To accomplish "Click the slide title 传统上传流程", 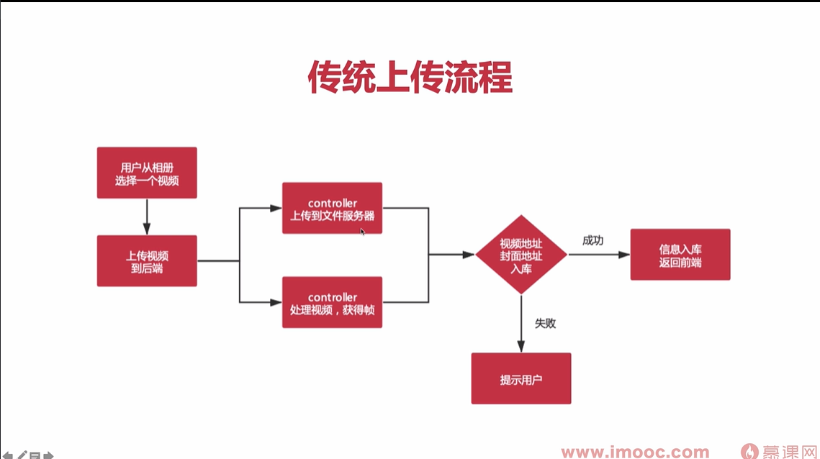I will (410, 77).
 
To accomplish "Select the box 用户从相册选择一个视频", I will (147, 173).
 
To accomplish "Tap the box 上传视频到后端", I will (147, 260).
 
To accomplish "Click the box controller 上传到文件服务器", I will (332, 208).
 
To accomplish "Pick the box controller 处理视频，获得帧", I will (332, 302).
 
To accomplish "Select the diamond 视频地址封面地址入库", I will (521, 255).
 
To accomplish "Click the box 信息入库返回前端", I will (680, 255).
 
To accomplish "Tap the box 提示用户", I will (521, 378).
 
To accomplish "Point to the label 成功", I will (593, 240).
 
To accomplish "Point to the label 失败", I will (545, 323).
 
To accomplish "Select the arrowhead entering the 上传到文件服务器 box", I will (276, 208).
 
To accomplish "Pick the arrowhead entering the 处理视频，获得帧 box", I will (276, 302).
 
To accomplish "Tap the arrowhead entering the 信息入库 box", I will (625, 255).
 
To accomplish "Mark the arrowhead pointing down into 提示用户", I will (521, 347).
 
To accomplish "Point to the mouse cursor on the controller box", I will (363, 231).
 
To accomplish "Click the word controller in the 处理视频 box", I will (332, 297).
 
